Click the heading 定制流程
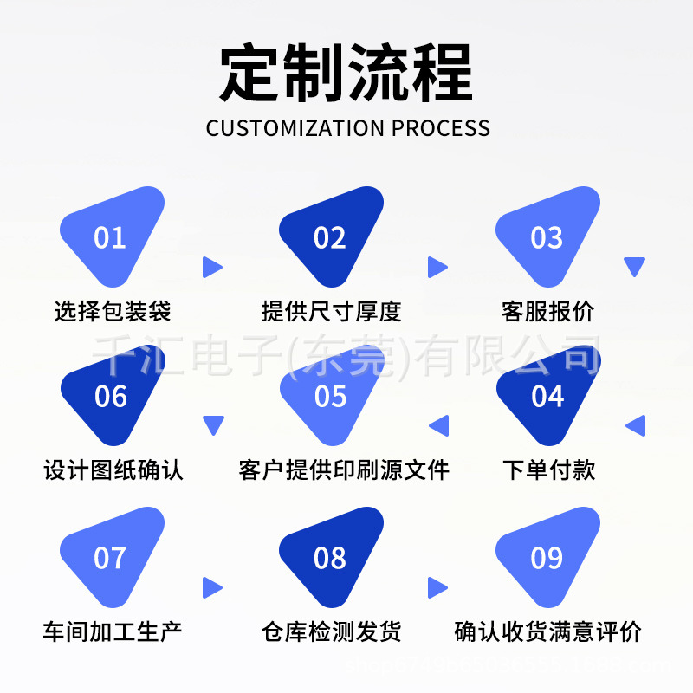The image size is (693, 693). tap(346, 74)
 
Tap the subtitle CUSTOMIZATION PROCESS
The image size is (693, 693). tap(348, 128)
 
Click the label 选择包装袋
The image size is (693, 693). tap(113, 311)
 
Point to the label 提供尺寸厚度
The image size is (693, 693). tap(331, 311)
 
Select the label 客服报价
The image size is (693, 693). tap(547, 311)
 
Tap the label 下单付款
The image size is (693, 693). tap(549, 470)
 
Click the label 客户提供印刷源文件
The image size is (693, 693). tap(344, 470)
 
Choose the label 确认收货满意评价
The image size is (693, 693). tap(547, 631)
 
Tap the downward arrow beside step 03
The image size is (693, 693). tap(635, 267)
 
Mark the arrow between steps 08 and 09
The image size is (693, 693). tap(437, 588)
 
